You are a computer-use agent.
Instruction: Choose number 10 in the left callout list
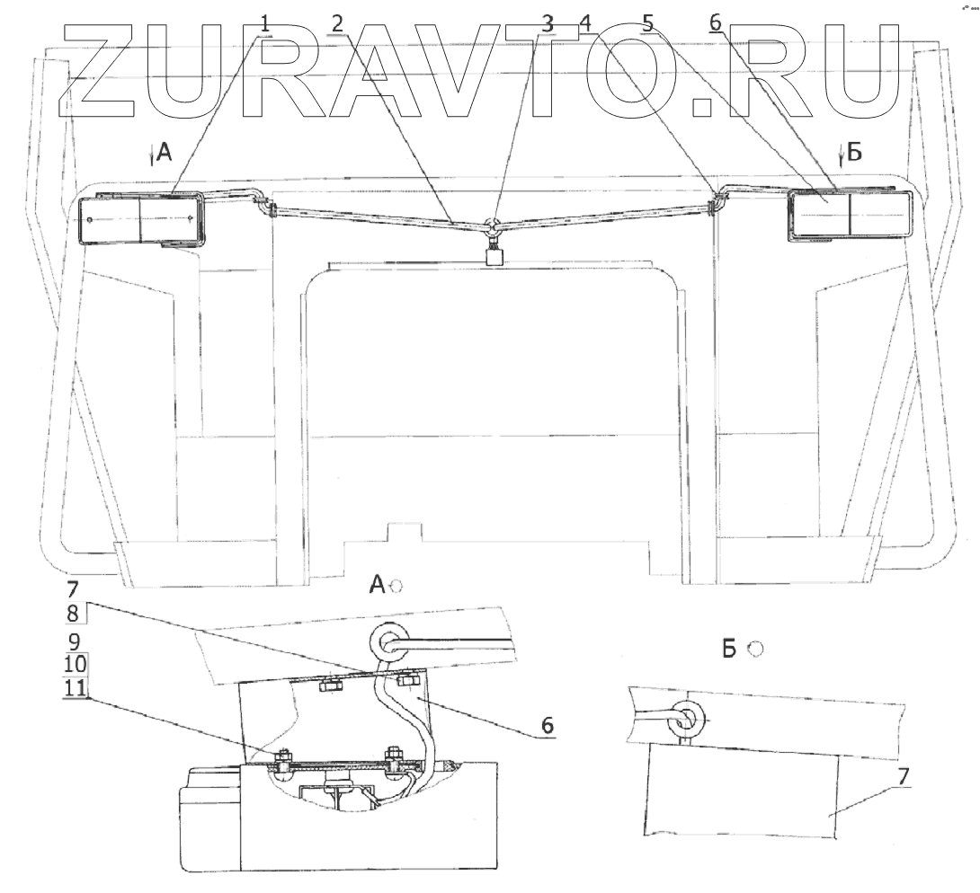pos(76,665)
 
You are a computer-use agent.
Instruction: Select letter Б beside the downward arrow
pos(853,154)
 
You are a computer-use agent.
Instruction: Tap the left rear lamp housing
pos(142,219)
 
